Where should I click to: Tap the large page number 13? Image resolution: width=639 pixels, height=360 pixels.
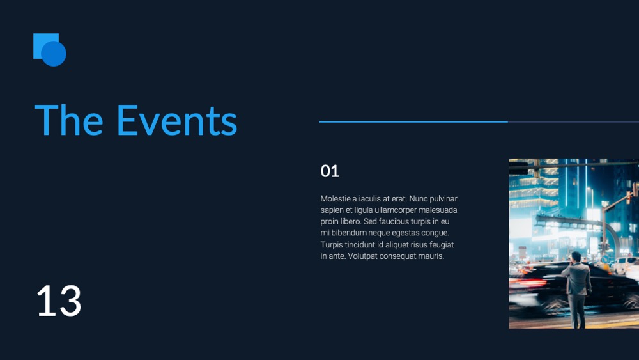(59, 301)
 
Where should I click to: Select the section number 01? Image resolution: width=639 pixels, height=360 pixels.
(330, 171)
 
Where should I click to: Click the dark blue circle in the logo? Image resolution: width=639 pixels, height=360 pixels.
(54, 54)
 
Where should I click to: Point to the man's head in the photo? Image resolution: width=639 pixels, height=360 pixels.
(576, 257)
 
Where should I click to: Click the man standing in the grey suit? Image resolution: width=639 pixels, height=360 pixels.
(576, 290)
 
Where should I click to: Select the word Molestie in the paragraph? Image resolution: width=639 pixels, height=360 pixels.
(335, 199)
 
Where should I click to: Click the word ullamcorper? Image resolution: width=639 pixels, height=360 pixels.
(396, 210)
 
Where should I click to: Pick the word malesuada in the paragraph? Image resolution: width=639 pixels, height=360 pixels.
(438, 210)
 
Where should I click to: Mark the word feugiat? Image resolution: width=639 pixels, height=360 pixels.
(442, 245)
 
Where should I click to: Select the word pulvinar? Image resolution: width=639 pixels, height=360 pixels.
(443, 199)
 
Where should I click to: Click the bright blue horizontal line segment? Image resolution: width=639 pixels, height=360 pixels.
(413, 121)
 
